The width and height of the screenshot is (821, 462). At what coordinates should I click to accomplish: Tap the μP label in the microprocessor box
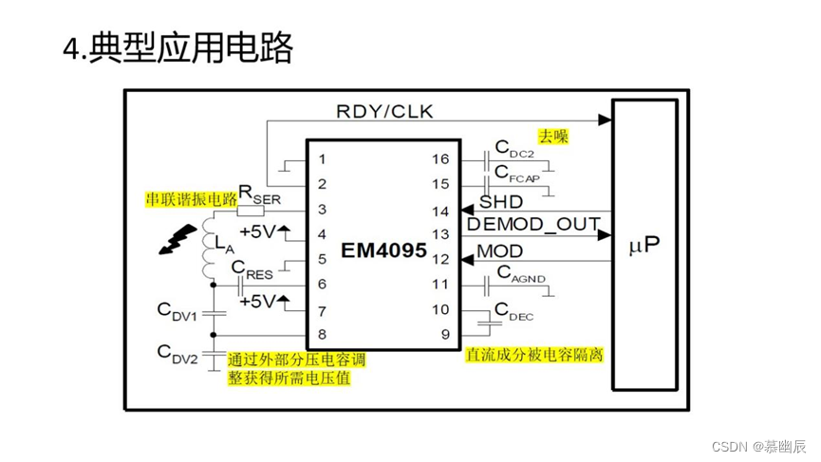[644, 246]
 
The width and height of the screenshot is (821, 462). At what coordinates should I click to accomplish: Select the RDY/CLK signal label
[384, 111]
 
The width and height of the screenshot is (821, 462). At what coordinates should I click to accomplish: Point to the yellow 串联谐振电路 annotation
[190, 198]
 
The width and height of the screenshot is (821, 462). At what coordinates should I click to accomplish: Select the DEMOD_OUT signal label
[532, 224]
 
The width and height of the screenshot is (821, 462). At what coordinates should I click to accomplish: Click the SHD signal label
[500, 201]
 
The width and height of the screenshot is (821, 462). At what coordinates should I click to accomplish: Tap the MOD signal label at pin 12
[499, 251]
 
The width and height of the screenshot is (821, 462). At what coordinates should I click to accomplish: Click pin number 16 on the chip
[441, 158]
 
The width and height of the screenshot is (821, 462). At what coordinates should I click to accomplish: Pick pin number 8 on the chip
[323, 334]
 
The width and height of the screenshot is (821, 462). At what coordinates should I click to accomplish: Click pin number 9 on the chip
[444, 334]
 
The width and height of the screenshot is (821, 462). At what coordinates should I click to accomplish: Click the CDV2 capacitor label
[177, 355]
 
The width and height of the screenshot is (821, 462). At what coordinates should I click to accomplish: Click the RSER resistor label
[257, 194]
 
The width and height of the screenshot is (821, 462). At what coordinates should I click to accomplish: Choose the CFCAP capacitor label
[518, 175]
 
